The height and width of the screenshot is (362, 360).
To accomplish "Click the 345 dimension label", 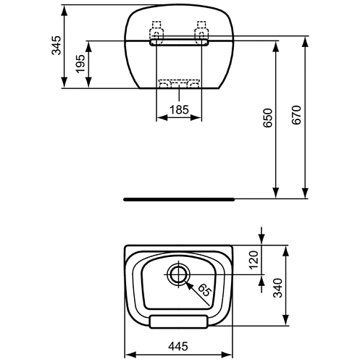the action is (56, 46).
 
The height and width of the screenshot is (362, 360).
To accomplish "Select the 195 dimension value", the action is (80, 64).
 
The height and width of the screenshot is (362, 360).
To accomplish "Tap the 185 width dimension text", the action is (179, 110).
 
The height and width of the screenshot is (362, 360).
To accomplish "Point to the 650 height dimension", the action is (268, 118).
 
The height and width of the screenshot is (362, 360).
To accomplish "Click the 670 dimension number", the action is (296, 115).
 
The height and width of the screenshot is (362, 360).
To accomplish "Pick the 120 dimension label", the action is (254, 260).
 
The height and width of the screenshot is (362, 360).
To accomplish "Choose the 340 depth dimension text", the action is (277, 288).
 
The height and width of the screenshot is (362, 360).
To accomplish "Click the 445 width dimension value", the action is (178, 347).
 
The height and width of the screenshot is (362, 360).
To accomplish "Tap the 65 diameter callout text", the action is (204, 290).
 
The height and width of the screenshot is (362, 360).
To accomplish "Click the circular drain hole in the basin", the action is (179, 274).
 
